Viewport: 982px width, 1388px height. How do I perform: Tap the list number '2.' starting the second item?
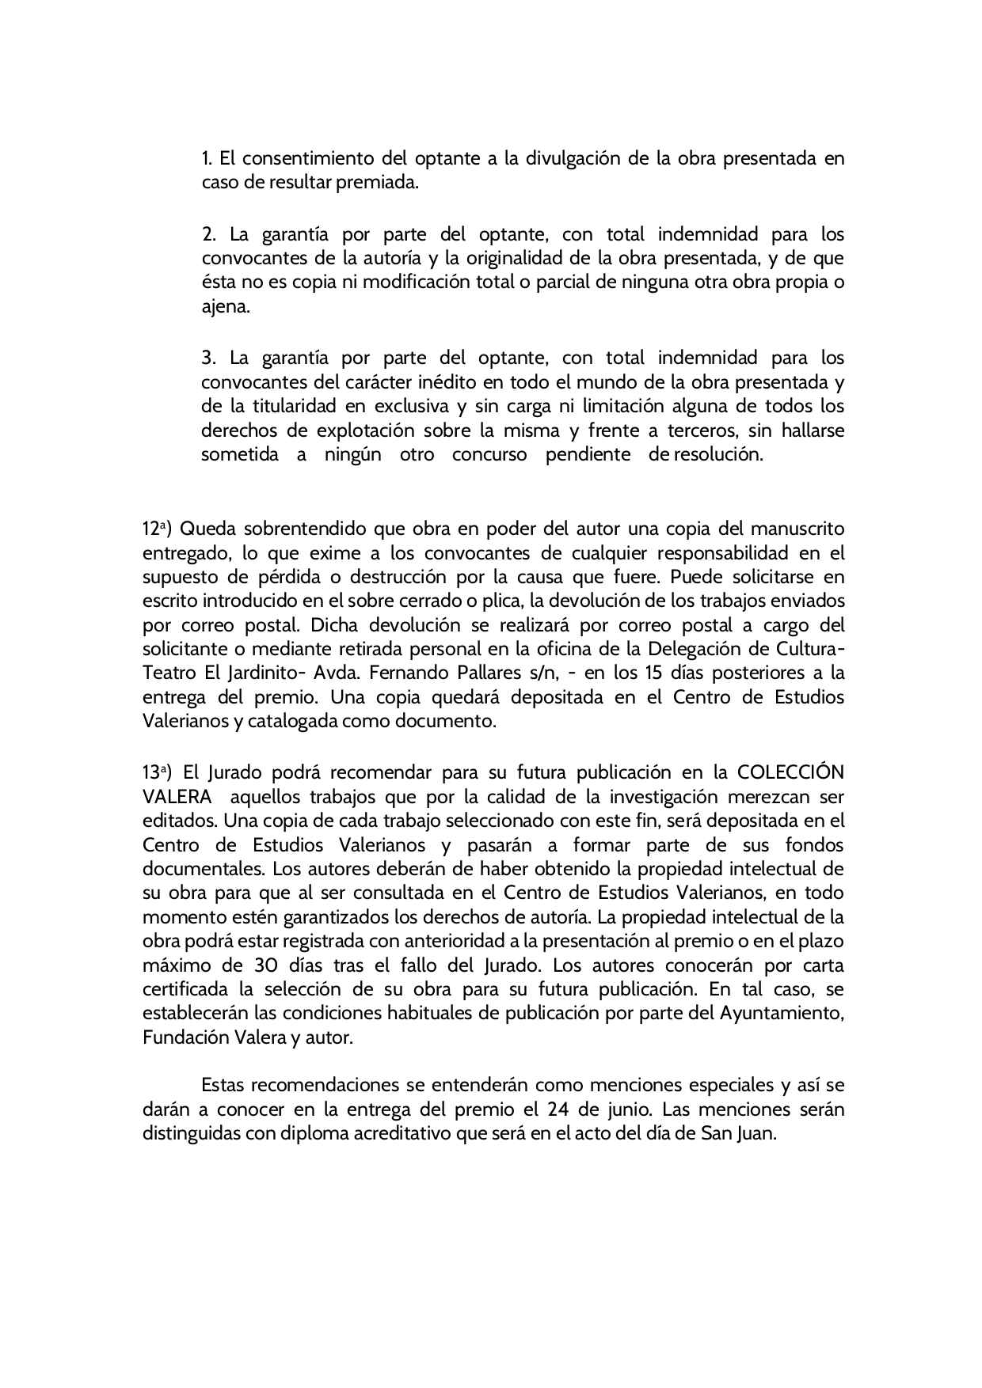click(x=209, y=234)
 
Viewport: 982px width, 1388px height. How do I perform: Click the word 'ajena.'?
click(x=226, y=307)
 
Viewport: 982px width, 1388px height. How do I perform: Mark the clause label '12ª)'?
click(x=158, y=528)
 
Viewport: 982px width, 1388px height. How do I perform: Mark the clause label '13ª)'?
click(x=158, y=772)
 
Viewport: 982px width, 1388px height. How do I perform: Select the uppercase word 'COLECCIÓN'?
click(x=790, y=772)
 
